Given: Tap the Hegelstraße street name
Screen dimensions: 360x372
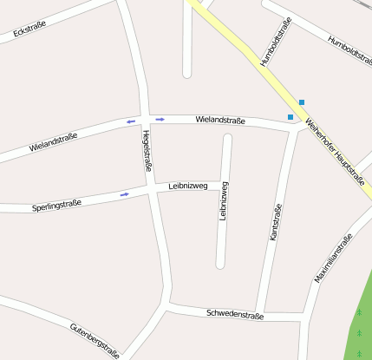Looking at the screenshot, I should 148,151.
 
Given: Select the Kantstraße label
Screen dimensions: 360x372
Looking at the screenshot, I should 277,222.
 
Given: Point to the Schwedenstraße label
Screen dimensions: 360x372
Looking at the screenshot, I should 235,315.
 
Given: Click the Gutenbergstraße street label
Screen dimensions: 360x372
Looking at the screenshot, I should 95,340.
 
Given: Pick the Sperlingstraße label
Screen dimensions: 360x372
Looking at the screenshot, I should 56,206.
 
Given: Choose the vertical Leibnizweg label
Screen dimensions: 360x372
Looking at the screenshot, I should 224,200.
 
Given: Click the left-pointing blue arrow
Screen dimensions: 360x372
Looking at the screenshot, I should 131,121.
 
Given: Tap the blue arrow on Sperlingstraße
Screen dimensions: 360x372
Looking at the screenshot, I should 125,194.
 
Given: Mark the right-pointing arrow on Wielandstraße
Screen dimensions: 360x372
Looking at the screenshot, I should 160,119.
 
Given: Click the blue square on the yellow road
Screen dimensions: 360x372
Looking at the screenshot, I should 302,102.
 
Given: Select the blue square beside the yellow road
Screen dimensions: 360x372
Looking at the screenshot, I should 290,117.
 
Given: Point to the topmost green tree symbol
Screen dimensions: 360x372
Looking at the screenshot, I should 359,312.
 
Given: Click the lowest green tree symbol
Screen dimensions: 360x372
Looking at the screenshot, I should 359,353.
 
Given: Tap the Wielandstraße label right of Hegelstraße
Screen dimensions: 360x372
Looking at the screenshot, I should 220,120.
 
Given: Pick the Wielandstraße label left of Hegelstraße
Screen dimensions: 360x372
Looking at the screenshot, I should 53,141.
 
